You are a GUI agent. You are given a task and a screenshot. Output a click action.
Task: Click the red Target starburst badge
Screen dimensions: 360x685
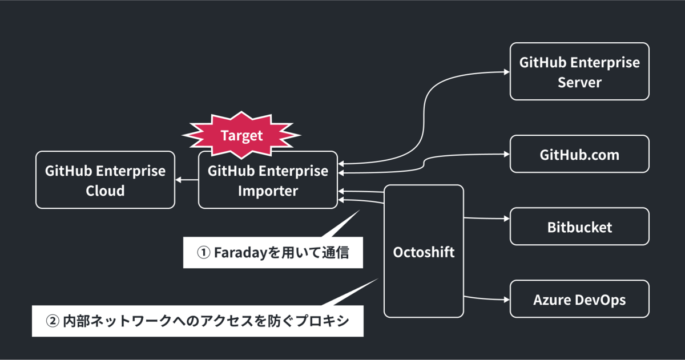(x=241, y=136)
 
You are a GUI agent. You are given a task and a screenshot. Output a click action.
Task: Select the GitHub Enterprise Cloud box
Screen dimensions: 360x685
(x=105, y=180)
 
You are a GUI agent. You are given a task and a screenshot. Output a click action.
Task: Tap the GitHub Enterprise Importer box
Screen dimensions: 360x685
(x=268, y=180)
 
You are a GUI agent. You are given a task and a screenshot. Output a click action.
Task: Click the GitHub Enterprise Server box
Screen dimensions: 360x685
(x=579, y=71)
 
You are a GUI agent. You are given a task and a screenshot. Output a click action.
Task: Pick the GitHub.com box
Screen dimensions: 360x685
(x=579, y=154)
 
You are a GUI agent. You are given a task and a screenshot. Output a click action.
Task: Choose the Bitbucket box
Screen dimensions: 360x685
(x=579, y=227)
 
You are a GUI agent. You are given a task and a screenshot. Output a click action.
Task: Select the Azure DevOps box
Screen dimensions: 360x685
(x=579, y=299)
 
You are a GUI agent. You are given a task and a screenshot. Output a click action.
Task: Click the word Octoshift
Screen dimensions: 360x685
(x=424, y=252)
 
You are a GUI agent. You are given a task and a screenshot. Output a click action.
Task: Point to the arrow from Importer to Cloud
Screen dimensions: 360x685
(x=186, y=180)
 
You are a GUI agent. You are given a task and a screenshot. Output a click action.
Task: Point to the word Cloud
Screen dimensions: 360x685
(x=105, y=190)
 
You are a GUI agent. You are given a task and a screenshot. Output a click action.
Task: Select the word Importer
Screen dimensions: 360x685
(x=268, y=190)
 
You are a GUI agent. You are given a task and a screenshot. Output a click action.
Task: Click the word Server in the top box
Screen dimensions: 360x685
(x=579, y=82)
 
